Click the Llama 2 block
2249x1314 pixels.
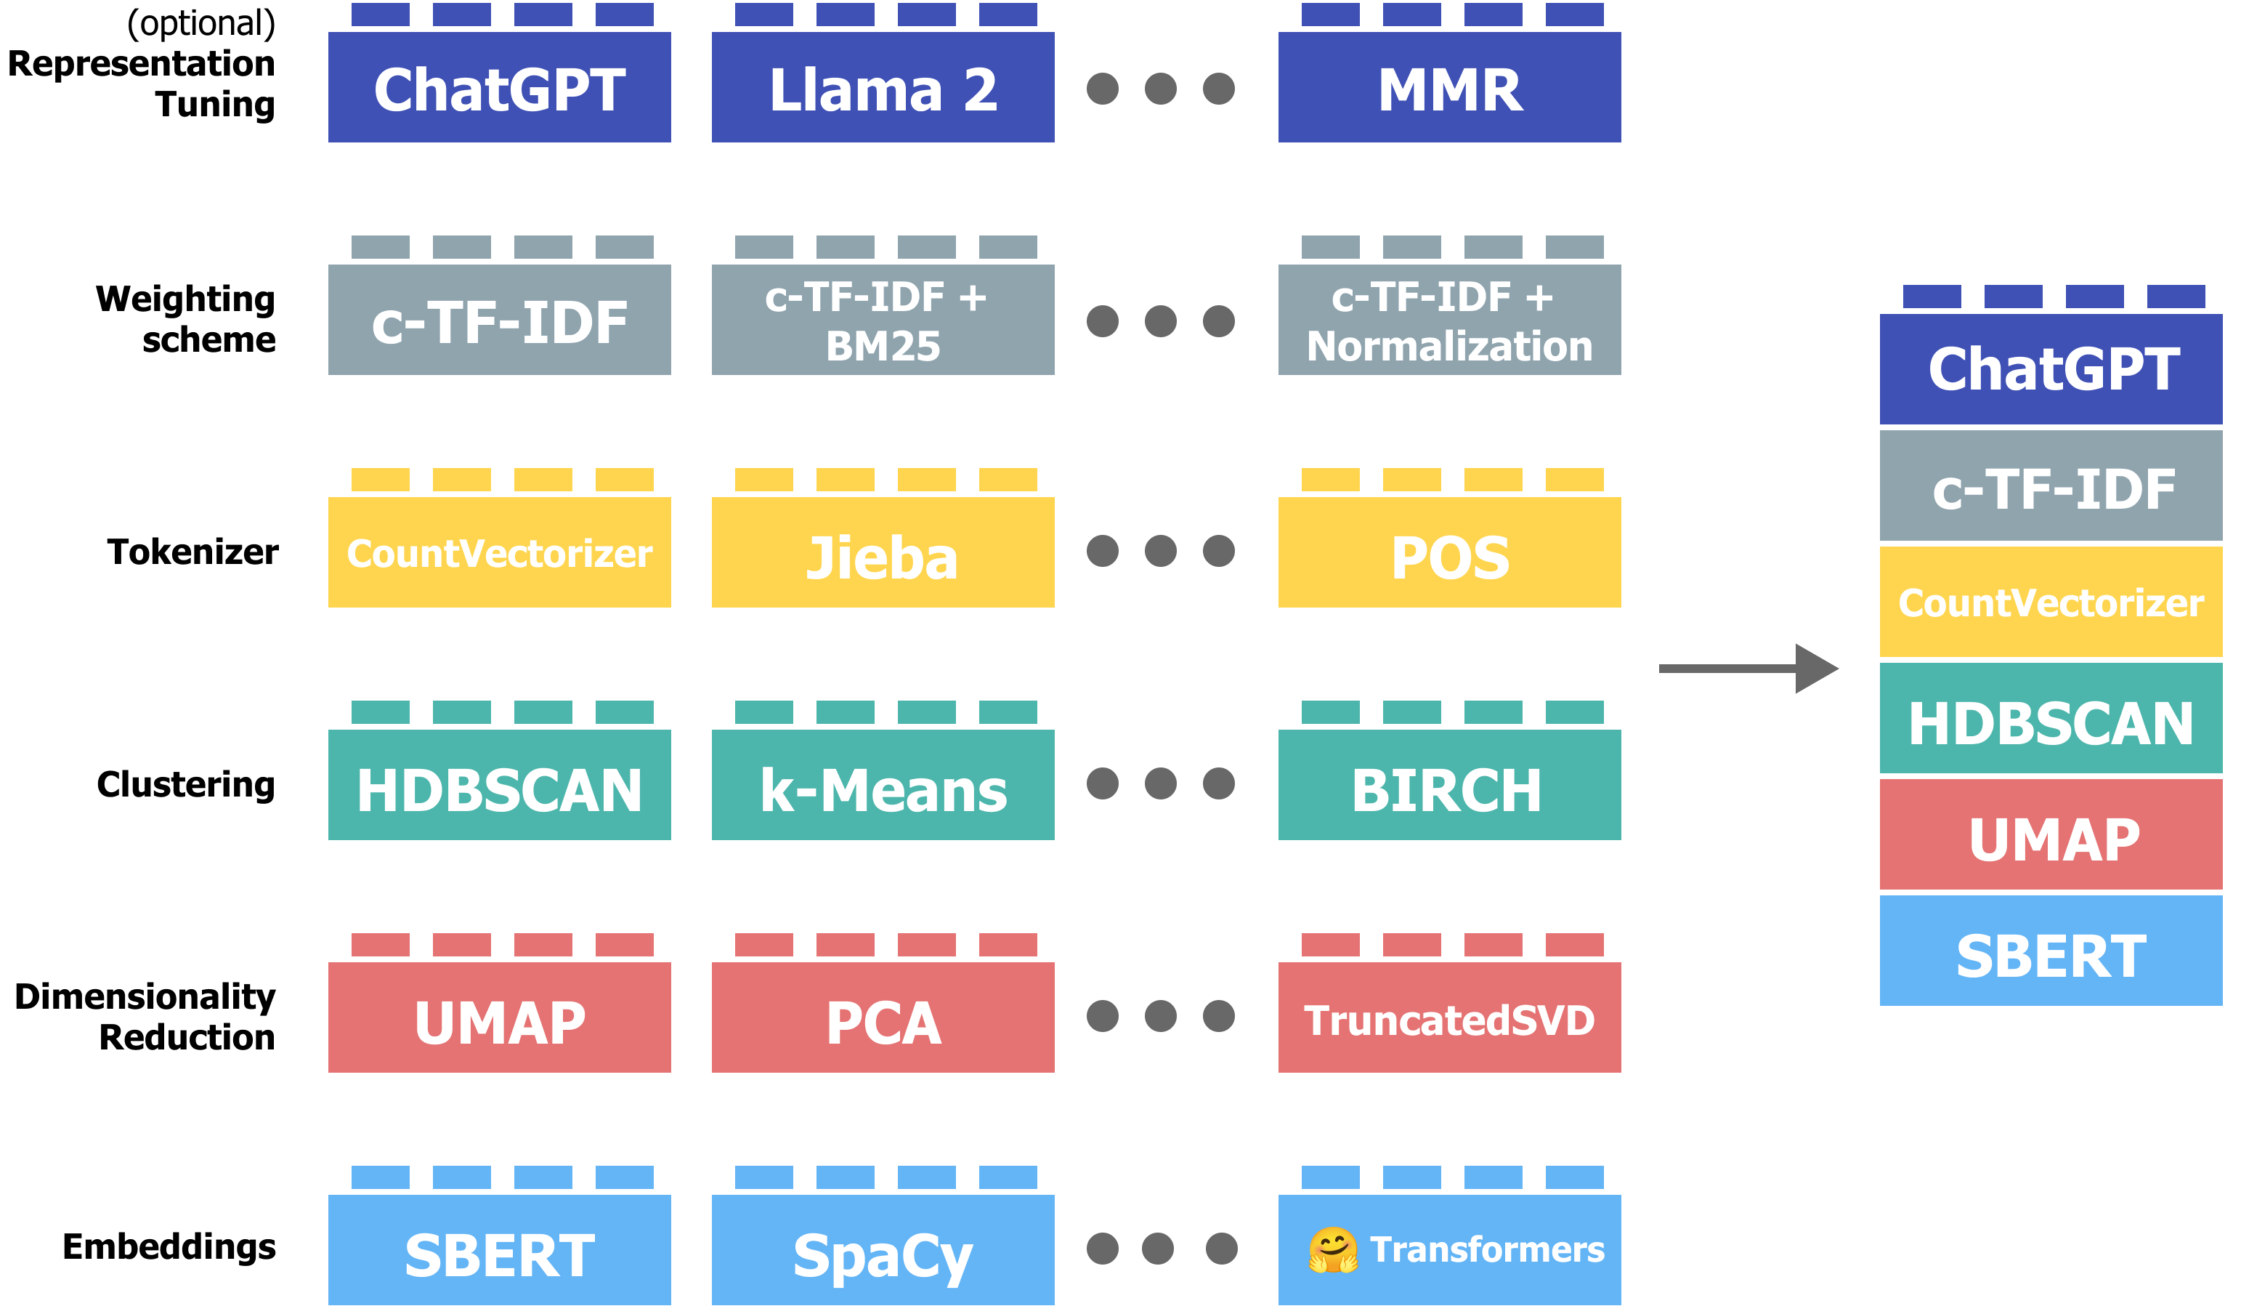(x=883, y=87)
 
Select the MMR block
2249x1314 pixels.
(x=1449, y=87)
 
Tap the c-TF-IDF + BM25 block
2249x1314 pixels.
(x=883, y=320)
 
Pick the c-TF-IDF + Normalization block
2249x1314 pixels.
(x=1449, y=320)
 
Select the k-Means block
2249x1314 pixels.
(x=883, y=785)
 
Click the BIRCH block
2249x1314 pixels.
(x=1449, y=785)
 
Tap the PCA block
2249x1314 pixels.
(x=883, y=1017)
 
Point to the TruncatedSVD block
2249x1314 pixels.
(x=1449, y=1017)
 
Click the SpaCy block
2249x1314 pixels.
(x=883, y=1250)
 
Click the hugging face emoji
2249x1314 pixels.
(x=1332, y=1250)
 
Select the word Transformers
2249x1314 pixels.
(x=1487, y=1250)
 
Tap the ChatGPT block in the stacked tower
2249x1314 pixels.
(x=2051, y=368)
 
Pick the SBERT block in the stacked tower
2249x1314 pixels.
(x=2051, y=951)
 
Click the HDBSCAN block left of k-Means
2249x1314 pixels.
(x=499, y=785)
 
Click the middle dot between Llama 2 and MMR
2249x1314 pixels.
(x=1160, y=89)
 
